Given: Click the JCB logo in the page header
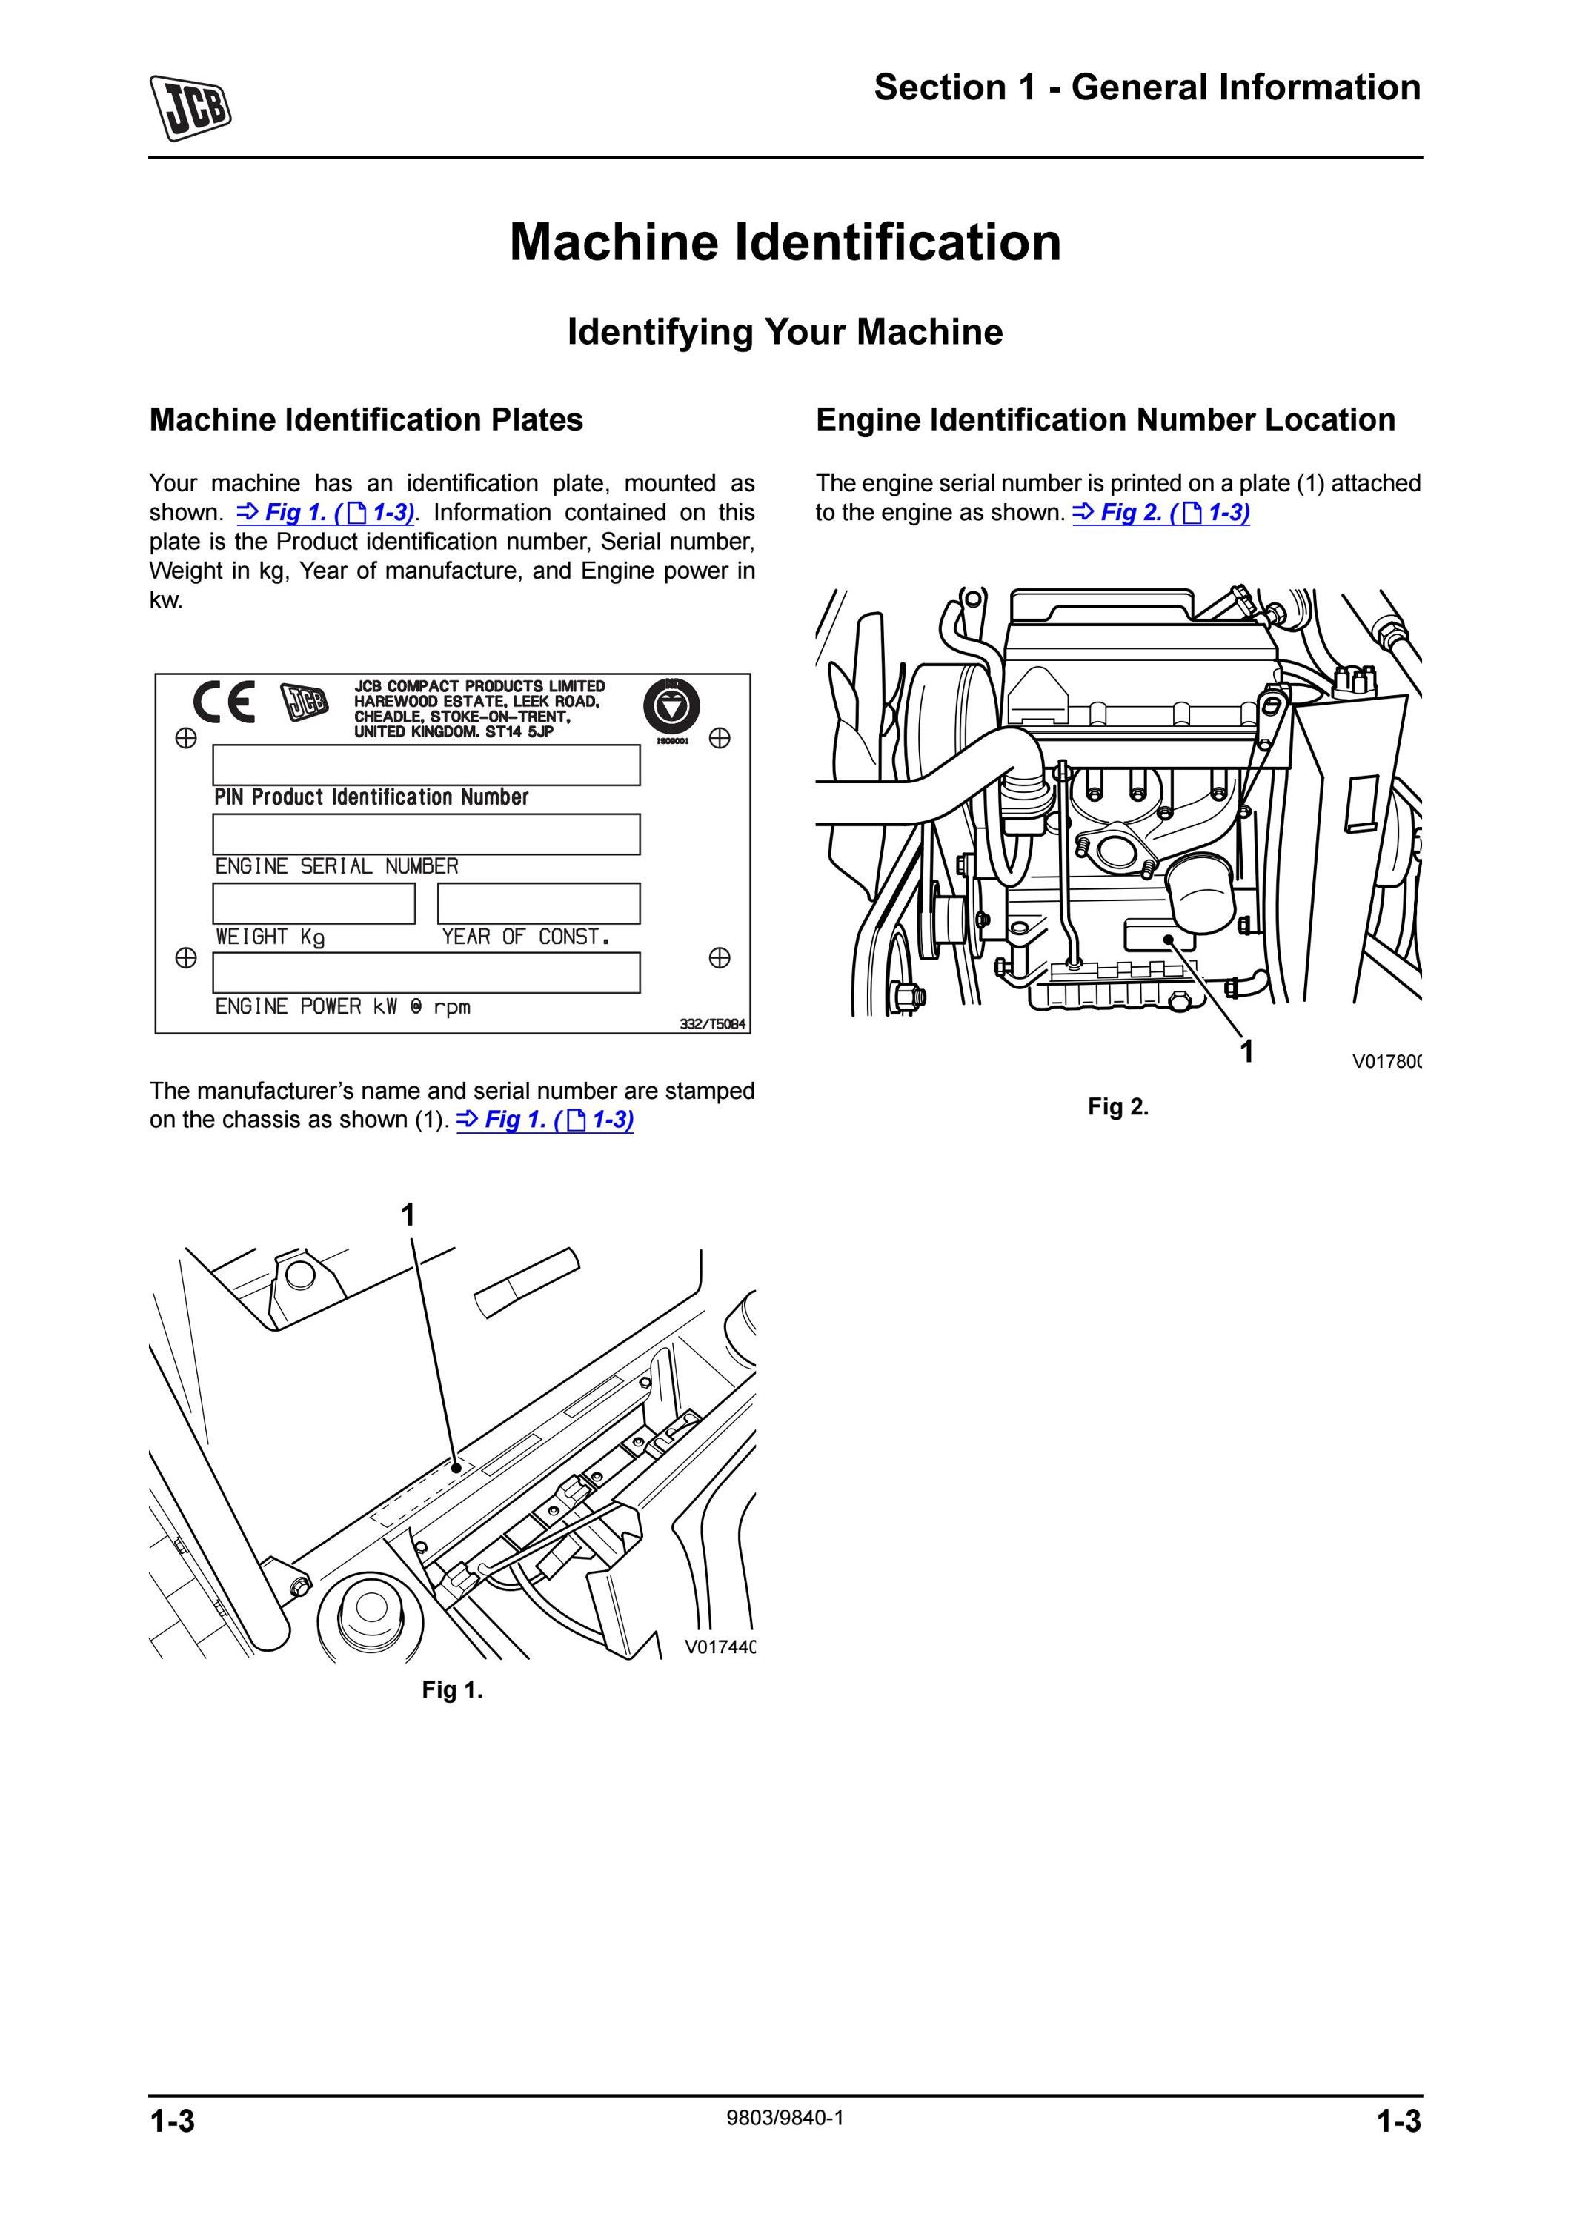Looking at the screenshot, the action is pyautogui.click(x=190, y=107).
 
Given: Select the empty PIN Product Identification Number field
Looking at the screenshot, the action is pyautogui.click(x=426, y=765).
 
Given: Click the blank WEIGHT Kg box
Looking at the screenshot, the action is pyautogui.click(x=313, y=903).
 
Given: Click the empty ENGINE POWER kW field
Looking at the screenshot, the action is pyautogui.click(x=426, y=973).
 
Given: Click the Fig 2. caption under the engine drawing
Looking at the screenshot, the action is pyautogui.click(x=1118, y=1106).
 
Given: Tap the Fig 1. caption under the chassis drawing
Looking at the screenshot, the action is pyautogui.click(x=452, y=1690).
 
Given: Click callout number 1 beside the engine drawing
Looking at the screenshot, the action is pyautogui.click(x=1248, y=1051).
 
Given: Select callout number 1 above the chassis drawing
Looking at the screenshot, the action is pyautogui.click(x=408, y=1214).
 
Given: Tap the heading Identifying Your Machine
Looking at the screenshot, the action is pyautogui.click(x=785, y=332).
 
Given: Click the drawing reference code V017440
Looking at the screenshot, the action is pyautogui.click(x=720, y=1647).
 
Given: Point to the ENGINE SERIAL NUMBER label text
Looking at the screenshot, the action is pyautogui.click(x=337, y=866).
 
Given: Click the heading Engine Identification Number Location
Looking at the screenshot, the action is pyautogui.click(x=1106, y=419).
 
